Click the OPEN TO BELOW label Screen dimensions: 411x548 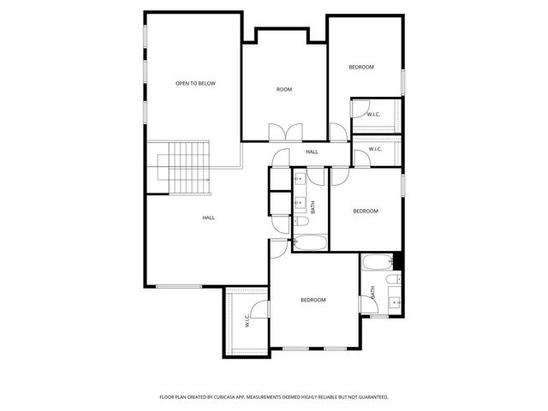pyautogui.click(x=195, y=83)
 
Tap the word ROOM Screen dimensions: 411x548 pyautogui.click(x=284, y=89)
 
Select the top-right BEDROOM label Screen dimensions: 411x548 pyautogui.click(x=361, y=67)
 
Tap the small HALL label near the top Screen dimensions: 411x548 pyautogui.click(x=312, y=152)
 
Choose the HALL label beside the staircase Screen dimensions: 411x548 pyautogui.click(x=208, y=217)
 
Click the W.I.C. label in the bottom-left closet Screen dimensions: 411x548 pyautogui.click(x=247, y=322)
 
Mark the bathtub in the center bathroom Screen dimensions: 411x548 pyautogui.click(x=310, y=242)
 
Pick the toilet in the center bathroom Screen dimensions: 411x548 pyautogui.click(x=301, y=221)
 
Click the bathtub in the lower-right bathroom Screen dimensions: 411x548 pyautogui.click(x=377, y=262)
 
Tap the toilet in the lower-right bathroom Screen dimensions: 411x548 pyautogui.click(x=391, y=279)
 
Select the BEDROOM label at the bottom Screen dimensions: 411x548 pyautogui.click(x=313, y=300)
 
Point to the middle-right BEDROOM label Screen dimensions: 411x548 pyautogui.click(x=366, y=211)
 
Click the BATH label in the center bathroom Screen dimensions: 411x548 pyautogui.click(x=313, y=206)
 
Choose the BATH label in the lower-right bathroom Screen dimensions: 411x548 pyautogui.click(x=373, y=292)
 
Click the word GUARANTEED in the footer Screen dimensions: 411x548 pyautogui.click(x=371, y=397)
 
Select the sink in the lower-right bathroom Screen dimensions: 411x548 pyautogui.click(x=394, y=301)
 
